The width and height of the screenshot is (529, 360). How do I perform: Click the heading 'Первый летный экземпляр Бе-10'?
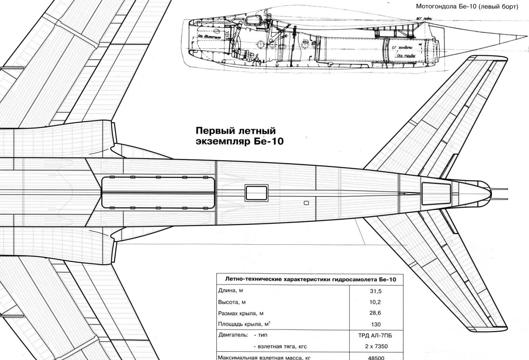click(239, 136)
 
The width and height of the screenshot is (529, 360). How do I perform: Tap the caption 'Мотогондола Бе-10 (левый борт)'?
click(467, 7)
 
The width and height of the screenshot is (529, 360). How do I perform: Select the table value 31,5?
click(376, 291)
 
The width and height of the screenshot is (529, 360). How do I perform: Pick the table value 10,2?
click(376, 302)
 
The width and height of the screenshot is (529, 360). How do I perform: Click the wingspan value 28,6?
click(376, 313)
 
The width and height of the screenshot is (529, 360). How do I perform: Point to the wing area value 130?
click(376, 324)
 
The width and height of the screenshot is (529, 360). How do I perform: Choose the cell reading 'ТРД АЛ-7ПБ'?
click(376, 335)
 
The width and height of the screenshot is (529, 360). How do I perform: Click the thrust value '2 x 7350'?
click(376, 346)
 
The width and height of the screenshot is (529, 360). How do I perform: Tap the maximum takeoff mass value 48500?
click(376, 358)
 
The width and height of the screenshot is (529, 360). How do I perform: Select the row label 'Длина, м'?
click(231, 290)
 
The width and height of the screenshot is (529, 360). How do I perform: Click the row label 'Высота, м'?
click(232, 302)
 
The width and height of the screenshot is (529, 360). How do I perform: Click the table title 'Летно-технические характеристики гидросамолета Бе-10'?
click(310, 279)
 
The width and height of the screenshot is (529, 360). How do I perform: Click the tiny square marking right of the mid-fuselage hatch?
click(307, 203)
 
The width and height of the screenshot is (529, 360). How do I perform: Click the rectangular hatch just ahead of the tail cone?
click(436, 193)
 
